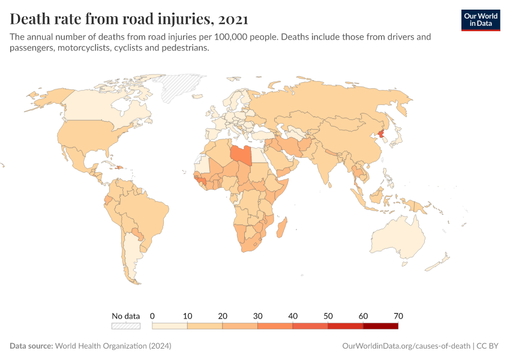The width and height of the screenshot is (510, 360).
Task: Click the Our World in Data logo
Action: click(x=481, y=19)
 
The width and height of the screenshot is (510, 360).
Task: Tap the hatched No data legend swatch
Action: click(x=126, y=326)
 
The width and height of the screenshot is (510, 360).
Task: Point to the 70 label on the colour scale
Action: click(x=398, y=316)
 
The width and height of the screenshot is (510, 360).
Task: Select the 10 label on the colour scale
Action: click(x=187, y=316)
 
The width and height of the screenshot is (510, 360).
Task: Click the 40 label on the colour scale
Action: click(x=293, y=316)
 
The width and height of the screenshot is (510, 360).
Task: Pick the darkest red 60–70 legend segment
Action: click(x=380, y=326)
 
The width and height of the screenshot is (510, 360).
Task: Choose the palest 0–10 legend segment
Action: click(x=170, y=326)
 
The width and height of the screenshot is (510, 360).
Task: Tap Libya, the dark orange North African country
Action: click(x=241, y=154)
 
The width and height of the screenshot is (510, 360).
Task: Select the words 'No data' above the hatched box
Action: click(x=126, y=316)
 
